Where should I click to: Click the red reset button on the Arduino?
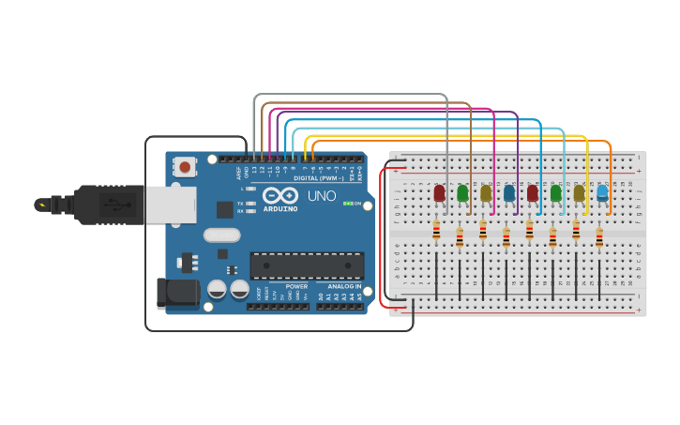tap(185, 167)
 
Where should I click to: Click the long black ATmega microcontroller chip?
tap(307, 266)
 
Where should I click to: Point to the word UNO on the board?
tap(322, 196)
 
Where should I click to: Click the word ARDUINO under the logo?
tap(280, 209)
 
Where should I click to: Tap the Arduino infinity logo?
tap(280, 196)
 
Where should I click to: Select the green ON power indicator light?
tap(347, 204)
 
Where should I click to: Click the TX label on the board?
tap(240, 203)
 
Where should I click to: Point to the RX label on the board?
tap(240, 211)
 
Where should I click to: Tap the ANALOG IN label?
tap(344, 286)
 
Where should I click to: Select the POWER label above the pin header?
tap(296, 286)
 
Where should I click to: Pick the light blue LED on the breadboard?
tap(602, 193)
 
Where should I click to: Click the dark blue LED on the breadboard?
tap(509, 193)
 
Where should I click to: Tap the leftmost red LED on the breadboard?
tap(439, 193)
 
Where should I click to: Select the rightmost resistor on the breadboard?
tap(599, 238)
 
